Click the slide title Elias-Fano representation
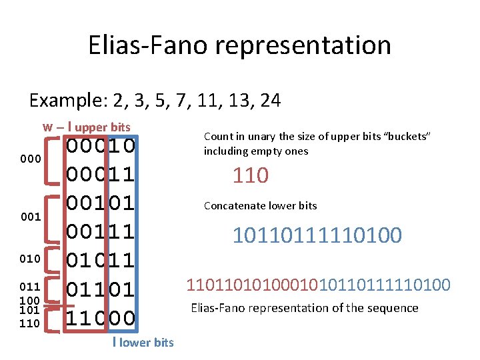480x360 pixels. tap(239, 45)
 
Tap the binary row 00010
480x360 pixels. tap(101, 145)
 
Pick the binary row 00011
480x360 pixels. tap(101, 174)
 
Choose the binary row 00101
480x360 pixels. tap(101, 203)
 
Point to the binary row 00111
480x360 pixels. tap(101, 231)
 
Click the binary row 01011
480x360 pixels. tap(101, 260)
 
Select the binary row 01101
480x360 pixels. tap(101, 289)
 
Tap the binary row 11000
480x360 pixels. tap(101, 318)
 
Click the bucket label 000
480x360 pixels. tap(31, 159)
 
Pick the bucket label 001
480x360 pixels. tap(31, 217)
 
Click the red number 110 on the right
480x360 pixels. tap(250, 176)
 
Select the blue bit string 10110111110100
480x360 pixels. tap(317, 235)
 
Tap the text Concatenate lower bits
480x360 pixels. tap(260, 205)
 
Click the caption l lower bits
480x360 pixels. tap(143, 343)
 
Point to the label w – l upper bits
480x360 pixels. tap(87, 127)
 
